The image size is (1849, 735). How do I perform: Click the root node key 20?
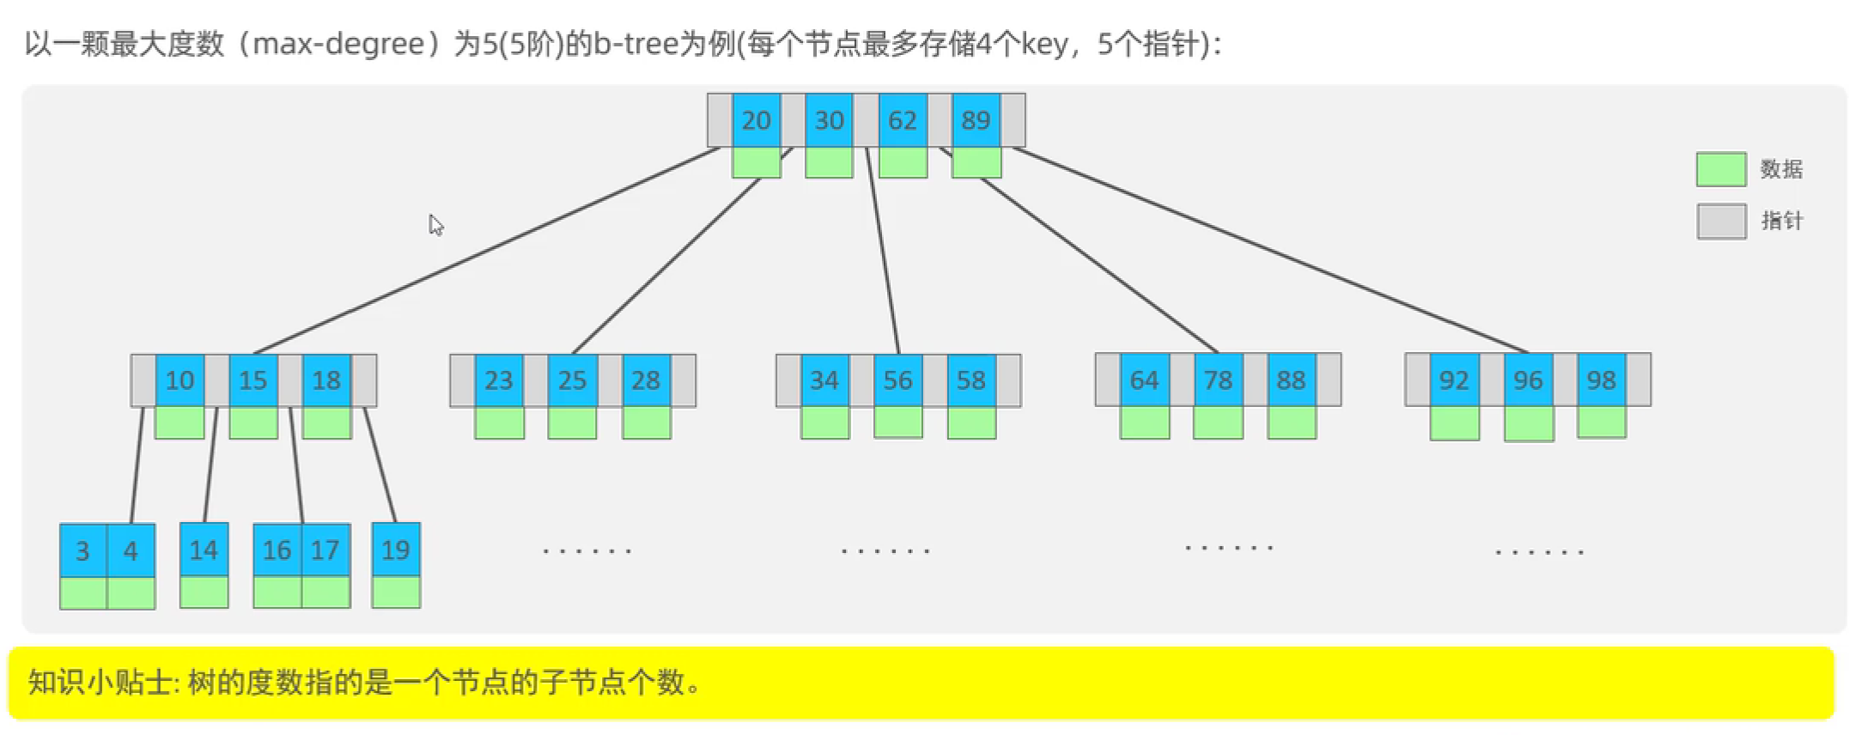[756, 120]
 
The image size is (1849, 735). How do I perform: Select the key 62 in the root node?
[902, 120]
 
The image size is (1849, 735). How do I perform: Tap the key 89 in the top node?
[976, 120]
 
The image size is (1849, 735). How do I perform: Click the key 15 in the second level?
[252, 380]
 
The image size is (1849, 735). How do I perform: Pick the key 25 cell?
[572, 380]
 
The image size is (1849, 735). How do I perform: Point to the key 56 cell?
[897, 380]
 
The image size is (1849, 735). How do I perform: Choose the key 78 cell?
[1218, 380]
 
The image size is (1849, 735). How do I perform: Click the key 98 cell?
[1601, 380]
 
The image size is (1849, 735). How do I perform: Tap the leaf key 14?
[204, 550]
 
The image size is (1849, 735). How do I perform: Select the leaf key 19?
[395, 550]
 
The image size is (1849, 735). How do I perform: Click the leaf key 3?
[82, 550]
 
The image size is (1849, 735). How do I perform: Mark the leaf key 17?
[325, 550]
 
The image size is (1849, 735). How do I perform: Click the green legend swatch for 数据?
[1720, 169]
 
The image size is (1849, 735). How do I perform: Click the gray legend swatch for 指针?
[1720, 221]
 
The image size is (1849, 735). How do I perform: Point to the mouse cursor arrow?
[435, 224]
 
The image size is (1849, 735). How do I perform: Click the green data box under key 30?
[829, 162]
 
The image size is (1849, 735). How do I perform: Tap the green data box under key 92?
[1454, 423]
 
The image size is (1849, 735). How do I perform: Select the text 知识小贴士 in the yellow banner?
[100, 683]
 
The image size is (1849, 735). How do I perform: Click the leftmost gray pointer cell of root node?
[719, 120]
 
